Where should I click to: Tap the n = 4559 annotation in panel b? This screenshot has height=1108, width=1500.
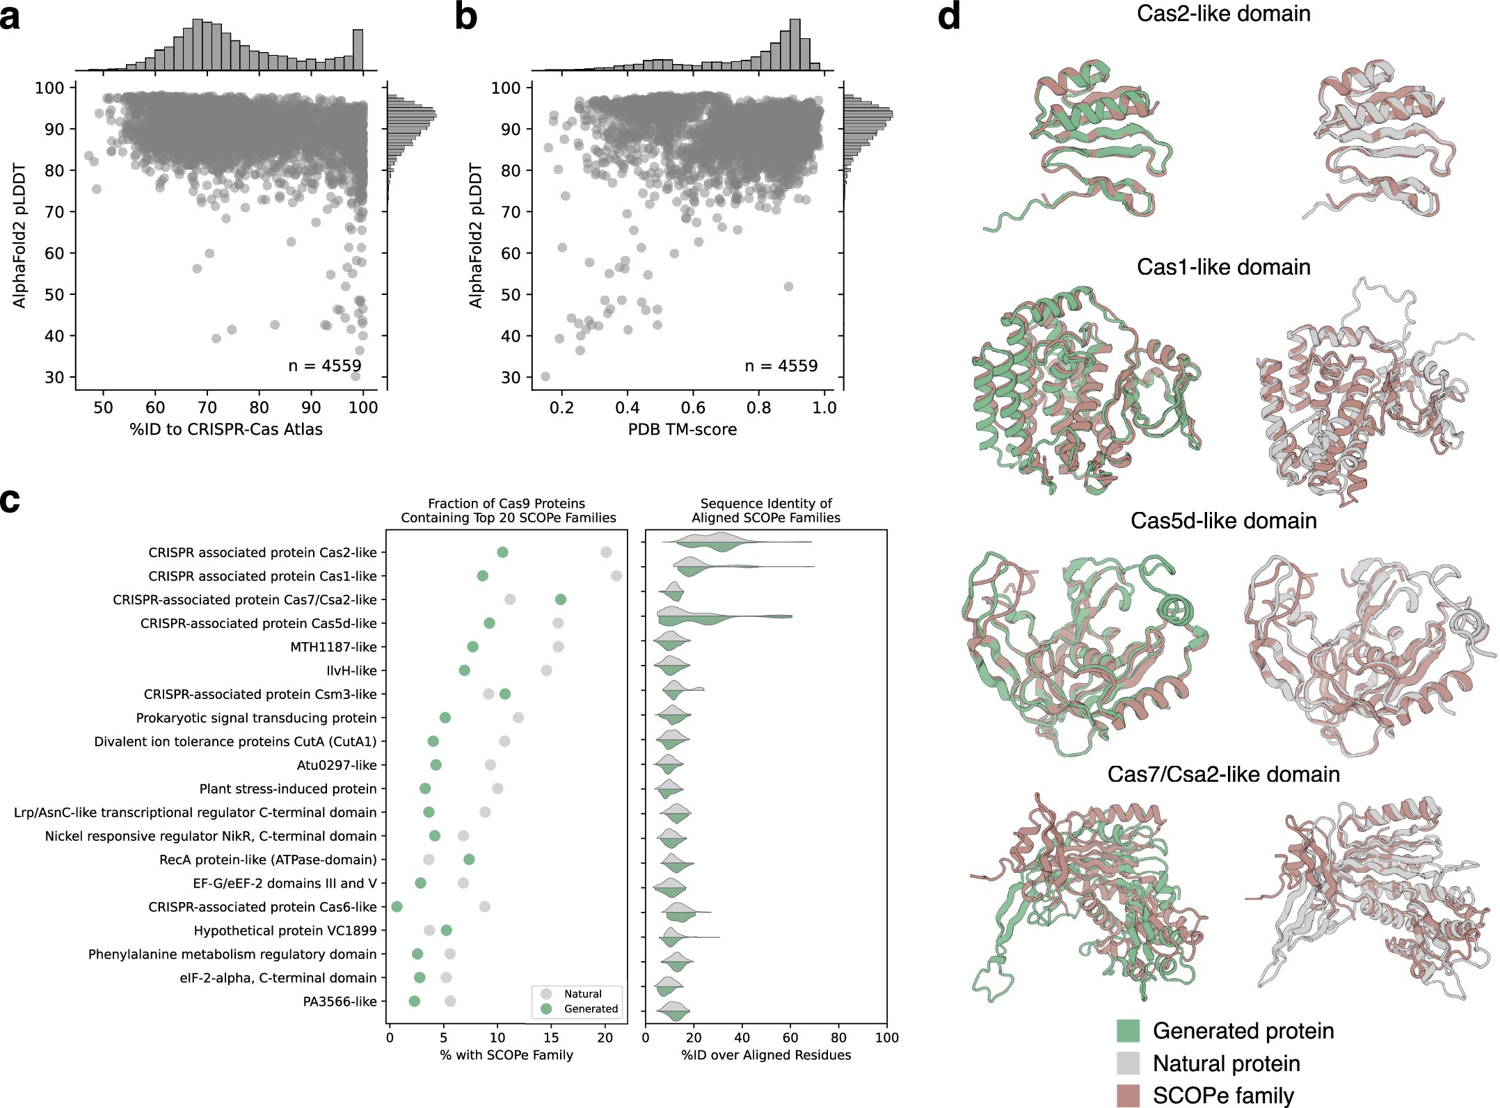(781, 366)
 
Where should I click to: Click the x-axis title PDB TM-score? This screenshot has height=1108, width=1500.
(682, 429)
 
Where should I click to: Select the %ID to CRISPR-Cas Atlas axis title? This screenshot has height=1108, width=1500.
(226, 429)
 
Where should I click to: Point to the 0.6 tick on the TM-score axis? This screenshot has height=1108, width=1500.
(693, 407)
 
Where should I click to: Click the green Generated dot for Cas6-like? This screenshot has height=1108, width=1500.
(397, 907)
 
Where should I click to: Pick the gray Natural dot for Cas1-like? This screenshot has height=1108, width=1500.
(616, 576)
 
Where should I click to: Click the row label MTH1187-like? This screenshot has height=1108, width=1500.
(333, 647)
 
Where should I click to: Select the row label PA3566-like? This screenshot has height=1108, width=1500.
(340, 1002)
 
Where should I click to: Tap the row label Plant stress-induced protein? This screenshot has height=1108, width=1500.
(288, 789)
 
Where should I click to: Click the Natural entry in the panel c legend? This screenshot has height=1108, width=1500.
(582, 994)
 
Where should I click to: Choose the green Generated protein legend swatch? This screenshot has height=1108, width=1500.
(1128, 1031)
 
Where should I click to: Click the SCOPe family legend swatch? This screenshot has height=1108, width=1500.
(1128, 1095)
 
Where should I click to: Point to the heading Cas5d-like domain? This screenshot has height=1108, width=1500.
(1223, 521)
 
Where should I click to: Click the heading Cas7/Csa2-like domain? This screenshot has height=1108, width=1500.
(1223, 774)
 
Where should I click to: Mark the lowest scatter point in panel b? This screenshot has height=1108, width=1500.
(545, 377)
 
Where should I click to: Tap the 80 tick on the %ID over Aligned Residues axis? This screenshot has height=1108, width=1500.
(838, 1038)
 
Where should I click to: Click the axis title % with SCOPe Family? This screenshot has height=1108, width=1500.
(506, 1055)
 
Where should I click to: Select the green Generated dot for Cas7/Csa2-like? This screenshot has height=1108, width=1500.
(561, 600)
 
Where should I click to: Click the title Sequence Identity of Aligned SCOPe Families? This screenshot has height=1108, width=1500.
(765, 511)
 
